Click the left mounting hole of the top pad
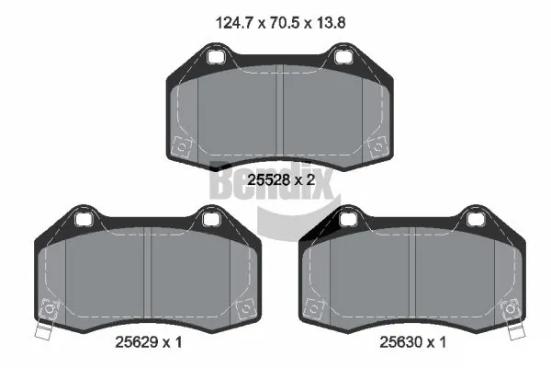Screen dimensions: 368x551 [218, 60]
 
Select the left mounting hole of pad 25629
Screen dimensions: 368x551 [83, 219]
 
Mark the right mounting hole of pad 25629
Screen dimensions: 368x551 [210, 219]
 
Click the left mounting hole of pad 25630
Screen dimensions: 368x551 [347, 219]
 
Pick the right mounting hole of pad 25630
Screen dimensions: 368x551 [474, 219]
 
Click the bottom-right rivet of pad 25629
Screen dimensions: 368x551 [243, 308]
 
